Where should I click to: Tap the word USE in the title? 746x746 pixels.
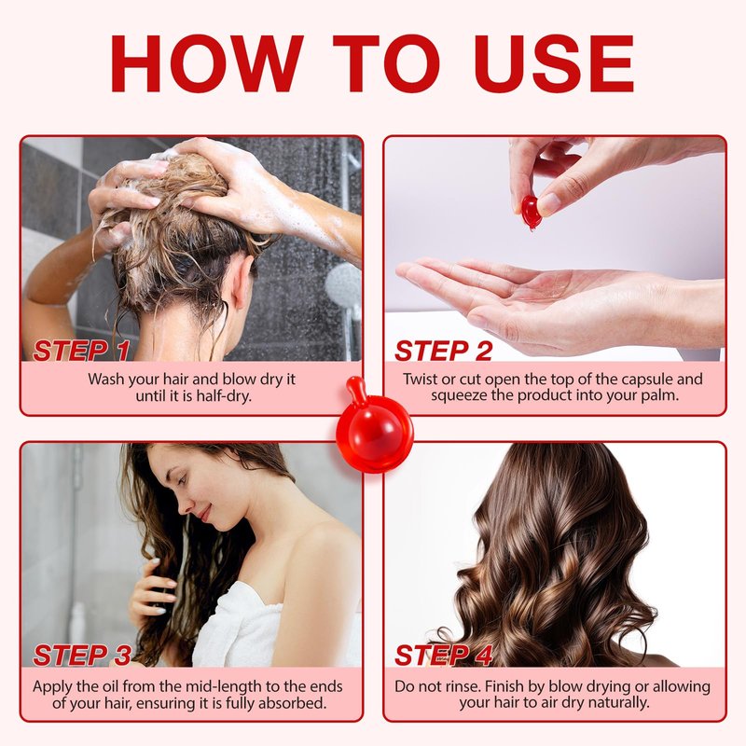553,63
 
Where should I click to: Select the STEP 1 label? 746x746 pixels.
81,352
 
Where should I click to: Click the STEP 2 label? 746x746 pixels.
444,352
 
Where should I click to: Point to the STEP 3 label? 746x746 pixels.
82,656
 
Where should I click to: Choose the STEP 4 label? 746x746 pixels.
444,656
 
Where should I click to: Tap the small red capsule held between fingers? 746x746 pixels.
530,213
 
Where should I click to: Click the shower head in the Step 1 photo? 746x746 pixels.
343,285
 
